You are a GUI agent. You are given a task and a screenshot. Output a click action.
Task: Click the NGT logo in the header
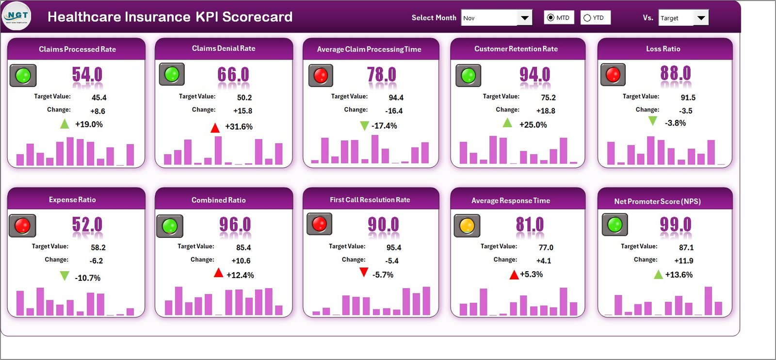pyautogui.click(x=17, y=16)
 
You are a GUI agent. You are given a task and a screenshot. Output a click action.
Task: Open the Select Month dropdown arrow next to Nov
pyautogui.click(x=524, y=18)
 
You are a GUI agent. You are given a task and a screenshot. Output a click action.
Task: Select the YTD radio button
pyautogui.click(x=587, y=18)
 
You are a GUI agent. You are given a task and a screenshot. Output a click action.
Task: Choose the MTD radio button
pyautogui.click(x=550, y=18)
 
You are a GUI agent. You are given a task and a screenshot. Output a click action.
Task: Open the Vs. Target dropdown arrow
pyautogui.click(x=701, y=18)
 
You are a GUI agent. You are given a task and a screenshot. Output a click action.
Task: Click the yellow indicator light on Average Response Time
pyautogui.click(x=467, y=226)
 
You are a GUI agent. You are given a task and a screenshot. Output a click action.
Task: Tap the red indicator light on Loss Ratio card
pyautogui.click(x=613, y=75)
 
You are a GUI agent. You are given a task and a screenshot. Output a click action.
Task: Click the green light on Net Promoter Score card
pyautogui.click(x=614, y=225)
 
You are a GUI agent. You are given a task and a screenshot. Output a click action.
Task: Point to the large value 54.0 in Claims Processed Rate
pyautogui.click(x=87, y=75)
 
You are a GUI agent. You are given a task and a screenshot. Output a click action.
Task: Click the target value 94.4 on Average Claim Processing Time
pyautogui.click(x=396, y=98)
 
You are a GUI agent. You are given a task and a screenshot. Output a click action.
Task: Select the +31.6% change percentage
pyautogui.click(x=239, y=127)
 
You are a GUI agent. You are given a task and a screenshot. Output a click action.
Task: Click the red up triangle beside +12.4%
pyautogui.click(x=218, y=273)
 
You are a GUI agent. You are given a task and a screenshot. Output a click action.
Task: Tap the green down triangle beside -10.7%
pyautogui.click(x=64, y=276)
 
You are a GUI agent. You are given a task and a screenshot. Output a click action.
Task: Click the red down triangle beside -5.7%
pyautogui.click(x=363, y=273)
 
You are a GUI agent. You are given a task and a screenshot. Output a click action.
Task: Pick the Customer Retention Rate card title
pyautogui.click(x=516, y=49)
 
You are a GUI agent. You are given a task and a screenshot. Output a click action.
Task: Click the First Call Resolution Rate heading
pyautogui.click(x=370, y=200)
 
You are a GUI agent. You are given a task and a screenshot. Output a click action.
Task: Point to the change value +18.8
pyautogui.click(x=546, y=111)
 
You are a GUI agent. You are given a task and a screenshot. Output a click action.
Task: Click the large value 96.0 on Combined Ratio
pyautogui.click(x=235, y=225)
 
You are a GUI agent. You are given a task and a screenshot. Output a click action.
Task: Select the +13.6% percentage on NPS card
pyautogui.click(x=679, y=275)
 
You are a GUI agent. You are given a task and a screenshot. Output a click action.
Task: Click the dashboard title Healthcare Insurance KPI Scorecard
pyautogui.click(x=170, y=17)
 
